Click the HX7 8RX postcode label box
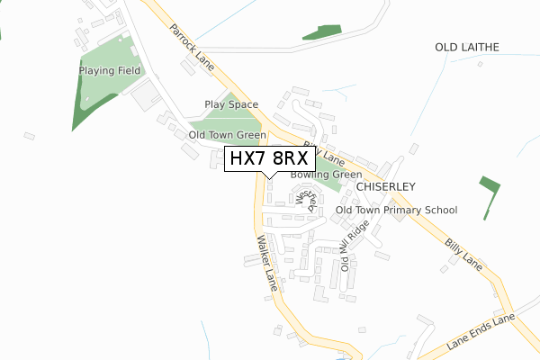pyautogui.click(x=270, y=158)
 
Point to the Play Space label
pyautogui.click(x=231, y=104)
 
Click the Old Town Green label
pyautogui.click(x=227, y=135)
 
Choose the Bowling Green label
pyautogui.click(x=326, y=175)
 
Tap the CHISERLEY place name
pyautogui.click(x=384, y=186)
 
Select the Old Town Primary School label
pyautogui.click(x=396, y=210)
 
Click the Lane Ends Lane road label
pyautogui.click(x=479, y=333)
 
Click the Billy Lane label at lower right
pyautogui.click(x=463, y=255)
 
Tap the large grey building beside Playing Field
pyautogui.click(x=144, y=96)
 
